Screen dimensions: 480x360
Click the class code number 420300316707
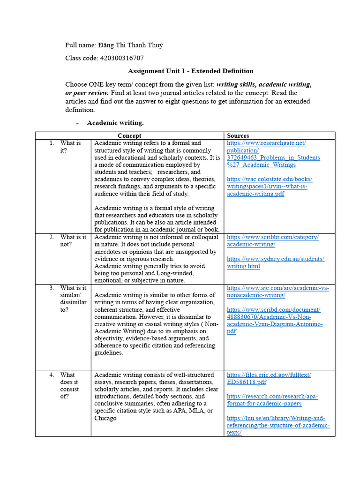click(122, 58)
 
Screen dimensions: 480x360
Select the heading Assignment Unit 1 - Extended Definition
click(190, 71)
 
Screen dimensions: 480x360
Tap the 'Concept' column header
click(129, 136)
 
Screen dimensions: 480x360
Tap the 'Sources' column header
click(238, 136)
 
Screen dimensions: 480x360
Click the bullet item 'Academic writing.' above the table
click(115, 123)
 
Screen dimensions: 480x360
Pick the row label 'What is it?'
click(70, 147)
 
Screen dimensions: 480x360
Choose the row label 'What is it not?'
click(73, 241)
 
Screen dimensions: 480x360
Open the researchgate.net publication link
click(273, 154)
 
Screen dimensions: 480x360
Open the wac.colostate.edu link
click(270, 187)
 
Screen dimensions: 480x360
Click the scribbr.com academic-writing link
click(272, 241)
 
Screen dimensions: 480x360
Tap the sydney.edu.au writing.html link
click(275, 262)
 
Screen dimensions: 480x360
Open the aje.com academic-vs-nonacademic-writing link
click(277, 292)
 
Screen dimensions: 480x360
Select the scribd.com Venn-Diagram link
click(275, 321)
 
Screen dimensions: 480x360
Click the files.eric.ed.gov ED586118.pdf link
click(269, 378)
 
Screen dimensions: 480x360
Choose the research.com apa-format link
click(272, 400)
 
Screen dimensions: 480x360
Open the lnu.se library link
click(278, 425)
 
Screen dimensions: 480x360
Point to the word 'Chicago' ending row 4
click(105, 418)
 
